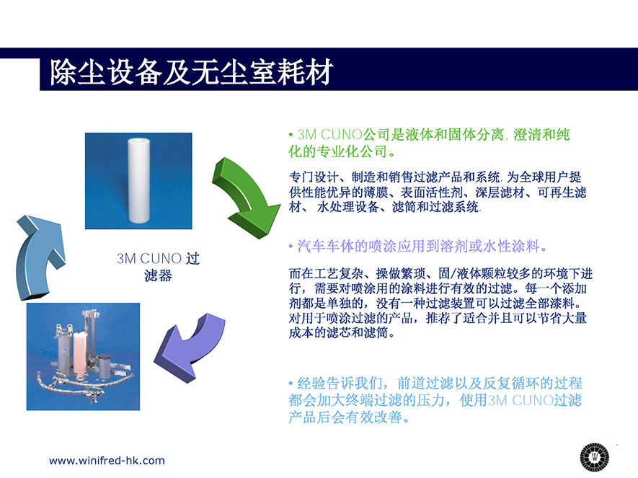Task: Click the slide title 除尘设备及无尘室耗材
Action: (x=192, y=72)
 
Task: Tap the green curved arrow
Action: (x=244, y=195)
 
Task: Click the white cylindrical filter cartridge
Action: (x=138, y=180)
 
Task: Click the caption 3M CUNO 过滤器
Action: (x=158, y=267)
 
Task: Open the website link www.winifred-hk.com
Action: (x=107, y=461)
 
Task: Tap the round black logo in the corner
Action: (x=595, y=456)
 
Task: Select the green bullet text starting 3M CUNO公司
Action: (x=429, y=143)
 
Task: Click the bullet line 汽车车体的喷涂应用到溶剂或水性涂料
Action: (x=418, y=246)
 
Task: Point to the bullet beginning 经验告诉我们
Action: (x=435, y=400)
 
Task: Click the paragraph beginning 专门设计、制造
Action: (x=438, y=192)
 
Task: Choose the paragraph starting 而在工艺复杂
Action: (x=440, y=303)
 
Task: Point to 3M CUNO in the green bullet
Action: (x=329, y=135)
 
